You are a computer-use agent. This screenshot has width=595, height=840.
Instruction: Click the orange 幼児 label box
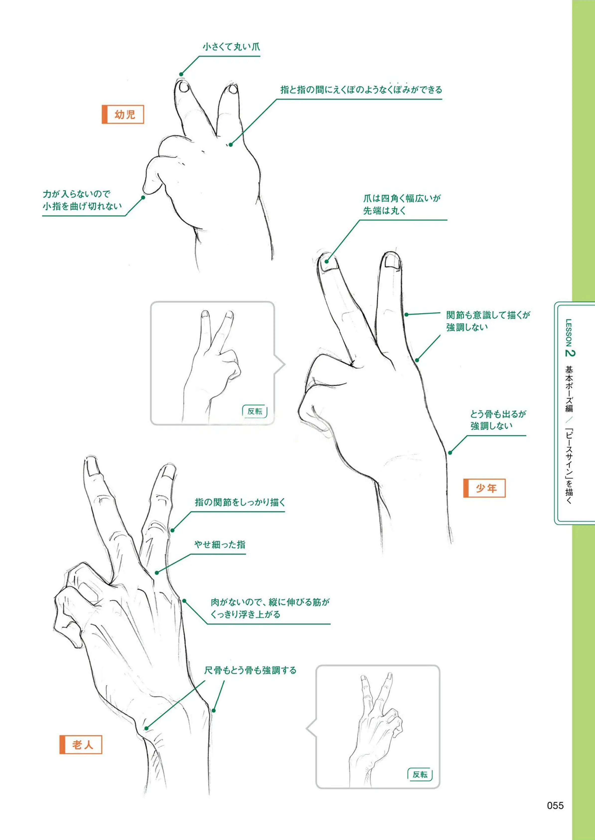pyautogui.click(x=123, y=115)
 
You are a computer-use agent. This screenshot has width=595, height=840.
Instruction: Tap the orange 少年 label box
pyautogui.click(x=484, y=488)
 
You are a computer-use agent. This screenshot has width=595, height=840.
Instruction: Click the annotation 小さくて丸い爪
pyautogui.click(x=231, y=47)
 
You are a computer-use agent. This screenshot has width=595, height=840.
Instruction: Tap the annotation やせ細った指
pyautogui.click(x=220, y=544)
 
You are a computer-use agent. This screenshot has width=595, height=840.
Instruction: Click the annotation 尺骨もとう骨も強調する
pyautogui.click(x=250, y=670)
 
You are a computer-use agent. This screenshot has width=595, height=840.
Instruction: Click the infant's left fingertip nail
pyautogui.click(x=184, y=87)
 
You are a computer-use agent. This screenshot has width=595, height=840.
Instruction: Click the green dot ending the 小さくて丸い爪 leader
pyautogui.click(x=181, y=74)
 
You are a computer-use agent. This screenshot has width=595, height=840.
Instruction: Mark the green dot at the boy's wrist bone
pyautogui.click(x=450, y=453)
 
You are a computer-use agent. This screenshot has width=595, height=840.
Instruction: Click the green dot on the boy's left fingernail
pyautogui.click(x=326, y=261)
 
